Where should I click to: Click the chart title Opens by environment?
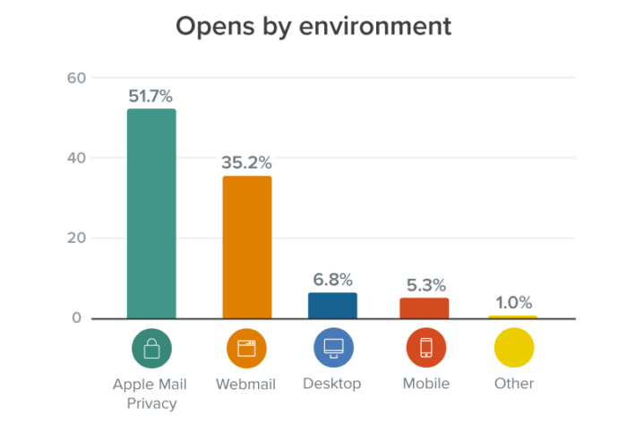click(x=313, y=26)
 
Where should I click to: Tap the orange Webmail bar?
click(x=246, y=247)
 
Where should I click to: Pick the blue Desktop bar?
click(x=332, y=305)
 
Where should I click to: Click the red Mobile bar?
click(x=424, y=308)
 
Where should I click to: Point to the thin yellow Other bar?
click(x=512, y=317)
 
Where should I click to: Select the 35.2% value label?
click(x=245, y=163)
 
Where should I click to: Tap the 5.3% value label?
click(x=424, y=285)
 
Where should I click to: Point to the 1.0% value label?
click(x=512, y=302)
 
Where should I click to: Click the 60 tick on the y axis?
click(x=76, y=78)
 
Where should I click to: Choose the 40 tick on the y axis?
click(x=76, y=159)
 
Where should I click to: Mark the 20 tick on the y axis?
click(x=76, y=239)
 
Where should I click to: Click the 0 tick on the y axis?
click(x=76, y=318)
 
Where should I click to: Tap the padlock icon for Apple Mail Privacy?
click(x=151, y=348)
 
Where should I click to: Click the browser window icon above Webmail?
click(x=246, y=348)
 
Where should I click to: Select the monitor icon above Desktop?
click(x=332, y=348)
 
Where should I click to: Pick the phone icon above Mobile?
click(x=425, y=348)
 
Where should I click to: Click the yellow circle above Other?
click(x=513, y=348)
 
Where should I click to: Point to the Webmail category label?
click(x=245, y=384)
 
